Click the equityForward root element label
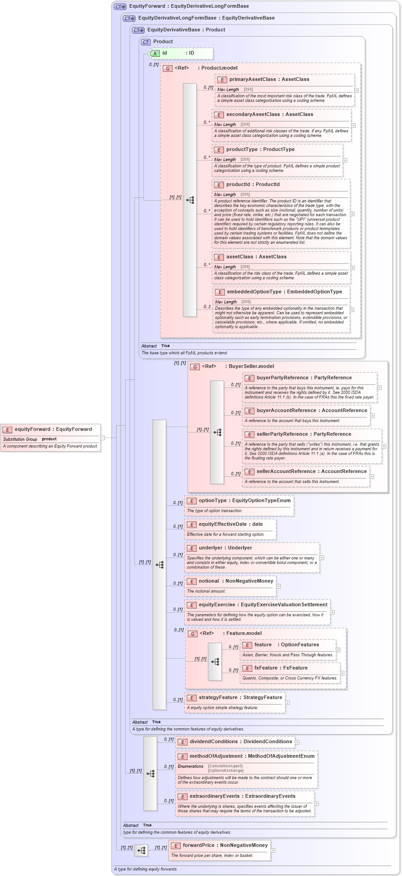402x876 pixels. [x=33, y=429]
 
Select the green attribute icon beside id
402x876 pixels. [x=155, y=53]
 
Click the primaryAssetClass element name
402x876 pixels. [x=252, y=79]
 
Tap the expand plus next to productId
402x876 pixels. [x=352, y=214]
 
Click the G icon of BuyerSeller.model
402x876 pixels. [x=195, y=367]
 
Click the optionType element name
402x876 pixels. [x=213, y=500]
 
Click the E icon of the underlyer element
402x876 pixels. [x=192, y=548]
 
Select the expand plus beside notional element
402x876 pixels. [x=278, y=586]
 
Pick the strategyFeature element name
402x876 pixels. [x=218, y=697]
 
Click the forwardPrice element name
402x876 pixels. [x=199, y=845]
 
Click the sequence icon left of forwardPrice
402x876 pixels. [x=141, y=850]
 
